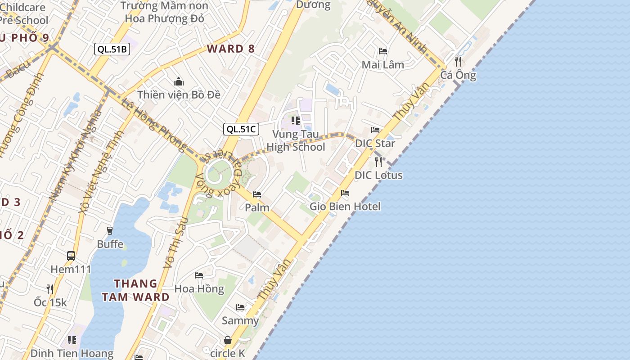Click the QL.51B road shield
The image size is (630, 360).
[112, 49]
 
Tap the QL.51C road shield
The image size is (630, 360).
[241, 129]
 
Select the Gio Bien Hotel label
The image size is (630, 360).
[345, 207]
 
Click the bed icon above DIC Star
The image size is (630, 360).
[375, 130]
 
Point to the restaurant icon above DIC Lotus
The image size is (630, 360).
[378, 162]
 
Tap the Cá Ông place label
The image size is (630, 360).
[458, 75]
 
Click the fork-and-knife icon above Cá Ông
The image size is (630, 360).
[458, 61]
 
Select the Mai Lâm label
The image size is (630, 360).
[383, 65]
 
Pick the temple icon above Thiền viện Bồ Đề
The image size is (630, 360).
[179, 82]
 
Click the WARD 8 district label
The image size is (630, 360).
[231, 49]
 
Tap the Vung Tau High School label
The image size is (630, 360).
[296, 140]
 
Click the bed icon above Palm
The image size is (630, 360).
[257, 194]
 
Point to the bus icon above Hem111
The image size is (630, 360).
[71, 256]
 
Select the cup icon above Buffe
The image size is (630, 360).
[110, 231]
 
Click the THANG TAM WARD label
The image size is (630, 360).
[135, 290]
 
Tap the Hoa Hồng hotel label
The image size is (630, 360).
[199, 288]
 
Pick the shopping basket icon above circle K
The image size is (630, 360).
[228, 340]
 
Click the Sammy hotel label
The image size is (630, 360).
[240, 321]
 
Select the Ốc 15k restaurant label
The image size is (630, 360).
[50, 302]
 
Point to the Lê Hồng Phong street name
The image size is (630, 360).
[153, 124]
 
